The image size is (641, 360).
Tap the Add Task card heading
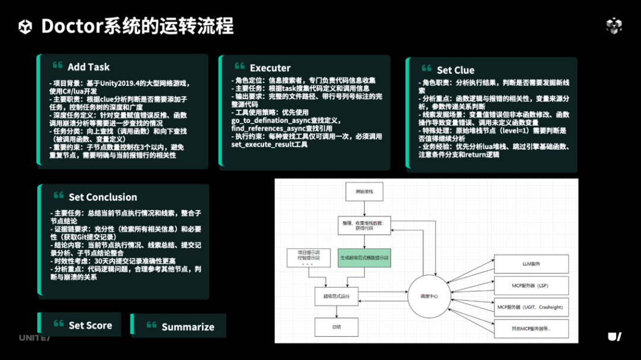pyautogui.click(x=88, y=67)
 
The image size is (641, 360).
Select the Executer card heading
pyautogui.click(x=270, y=68)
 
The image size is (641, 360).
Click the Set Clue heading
pyautogui.click(x=455, y=70)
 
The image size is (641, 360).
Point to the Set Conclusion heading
pyautogui.click(x=103, y=197)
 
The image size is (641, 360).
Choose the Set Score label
pyautogui.click(x=90, y=325)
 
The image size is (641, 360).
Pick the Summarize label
pyautogui.click(x=188, y=327)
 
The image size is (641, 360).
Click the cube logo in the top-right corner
pyautogui.click(x=614, y=26)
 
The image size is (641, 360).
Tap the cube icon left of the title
pyautogui.click(x=26, y=27)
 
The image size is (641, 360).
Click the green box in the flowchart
pyautogui.click(x=364, y=258)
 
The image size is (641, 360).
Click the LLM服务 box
pyautogui.click(x=531, y=263)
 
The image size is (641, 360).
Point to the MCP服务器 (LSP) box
pyautogui.click(x=531, y=285)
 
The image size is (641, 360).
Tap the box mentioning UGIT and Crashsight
pyautogui.click(x=531, y=307)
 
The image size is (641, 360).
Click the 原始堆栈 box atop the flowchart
pyautogui.click(x=364, y=192)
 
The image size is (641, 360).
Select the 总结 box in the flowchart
pyautogui.click(x=337, y=326)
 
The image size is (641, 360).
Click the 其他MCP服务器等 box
pyautogui.click(x=531, y=329)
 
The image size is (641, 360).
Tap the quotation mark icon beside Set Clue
pyautogui.click(x=427, y=69)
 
